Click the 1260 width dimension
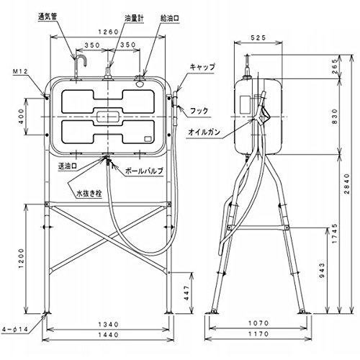coord(109,32)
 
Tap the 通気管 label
coord(48,17)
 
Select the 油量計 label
coord(134,19)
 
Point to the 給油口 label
coord(170,19)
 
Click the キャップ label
coord(202,67)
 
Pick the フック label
coord(199,111)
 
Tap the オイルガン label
coord(204,132)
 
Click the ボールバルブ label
coord(144,171)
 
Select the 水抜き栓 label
coord(89,194)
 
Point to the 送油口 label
coord(68,166)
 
